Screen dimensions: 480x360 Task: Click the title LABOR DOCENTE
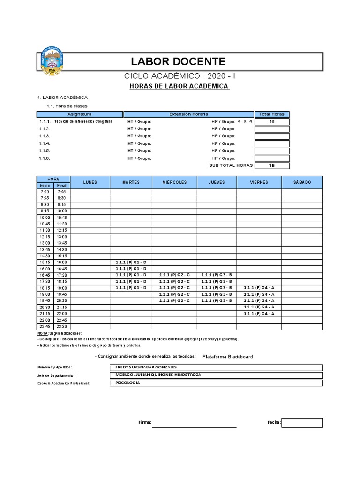(x=178, y=61)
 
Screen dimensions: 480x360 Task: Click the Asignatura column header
(x=80, y=114)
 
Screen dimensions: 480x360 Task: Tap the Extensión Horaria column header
(x=188, y=114)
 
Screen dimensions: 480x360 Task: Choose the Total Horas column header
(x=272, y=114)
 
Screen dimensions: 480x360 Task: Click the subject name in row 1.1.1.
(x=83, y=121)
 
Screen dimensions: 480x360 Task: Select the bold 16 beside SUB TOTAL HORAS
(x=272, y=165)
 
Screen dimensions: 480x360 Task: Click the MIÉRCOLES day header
(x=174, y=182)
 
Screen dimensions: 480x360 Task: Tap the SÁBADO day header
(x=302, y=182)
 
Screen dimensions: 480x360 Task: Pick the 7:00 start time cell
(x=45, y=192)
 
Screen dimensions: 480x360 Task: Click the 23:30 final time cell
(x=62, y=326)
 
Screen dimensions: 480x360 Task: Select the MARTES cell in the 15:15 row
(x=131, y=262)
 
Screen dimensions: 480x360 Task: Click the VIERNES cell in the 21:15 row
(x=259, y=314)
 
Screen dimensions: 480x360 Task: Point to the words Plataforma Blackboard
(x=227, y=357)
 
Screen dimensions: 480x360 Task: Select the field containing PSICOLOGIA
(x=215, y=383)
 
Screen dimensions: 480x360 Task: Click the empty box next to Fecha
(x=302, y=422)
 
